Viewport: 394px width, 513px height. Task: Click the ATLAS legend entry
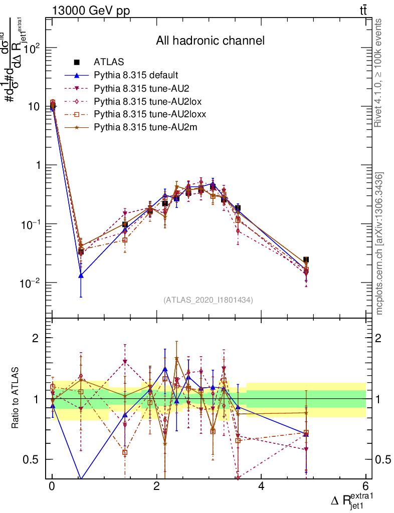pos(109,62)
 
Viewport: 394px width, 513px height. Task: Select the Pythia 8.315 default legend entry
pos(135,75)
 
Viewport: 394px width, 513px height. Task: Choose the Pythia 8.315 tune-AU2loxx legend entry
pos(150,114)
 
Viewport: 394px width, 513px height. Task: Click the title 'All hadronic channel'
pos(210,41)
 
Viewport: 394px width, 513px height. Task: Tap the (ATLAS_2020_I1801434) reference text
pos(208,300)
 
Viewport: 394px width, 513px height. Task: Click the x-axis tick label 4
pos(261,486)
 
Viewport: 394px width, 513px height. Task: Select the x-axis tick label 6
pos(365,486)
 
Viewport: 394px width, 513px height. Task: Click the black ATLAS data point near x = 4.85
pos(306,260)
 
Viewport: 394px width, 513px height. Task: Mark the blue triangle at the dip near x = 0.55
pos(81,275)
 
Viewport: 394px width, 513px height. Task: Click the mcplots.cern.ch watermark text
pos(380,243)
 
